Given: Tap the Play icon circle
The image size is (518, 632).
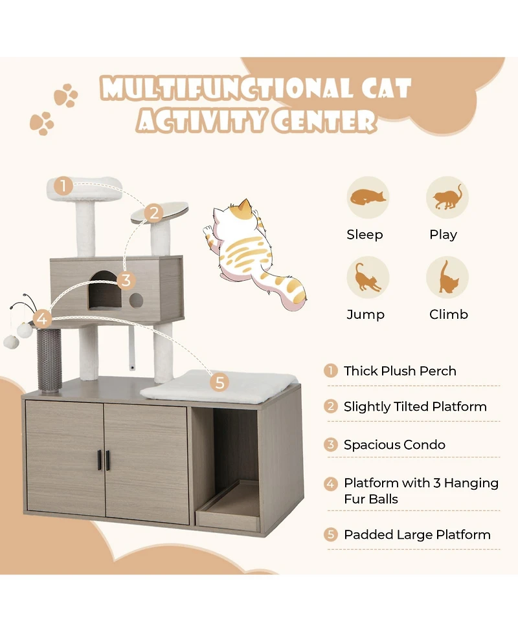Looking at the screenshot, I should click(x=447, y=197).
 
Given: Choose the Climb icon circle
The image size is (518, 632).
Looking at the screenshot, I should click(x=447, y=277).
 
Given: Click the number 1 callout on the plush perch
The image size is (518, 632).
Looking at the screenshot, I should click(x=63, y=186).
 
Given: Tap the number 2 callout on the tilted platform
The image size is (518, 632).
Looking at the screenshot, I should click(x=153, y=213).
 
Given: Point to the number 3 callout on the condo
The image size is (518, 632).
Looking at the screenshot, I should click(x=126, y=280).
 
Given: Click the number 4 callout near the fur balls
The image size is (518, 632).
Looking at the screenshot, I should click(x=42, y=318).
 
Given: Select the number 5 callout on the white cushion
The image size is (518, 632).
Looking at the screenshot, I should click(x=220, y=382).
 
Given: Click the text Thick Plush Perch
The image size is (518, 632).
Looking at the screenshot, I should click(x=400, y=371).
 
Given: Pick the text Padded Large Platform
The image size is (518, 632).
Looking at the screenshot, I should click(x=417, y=534).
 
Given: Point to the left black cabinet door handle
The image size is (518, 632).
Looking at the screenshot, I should click(x=100, y=460).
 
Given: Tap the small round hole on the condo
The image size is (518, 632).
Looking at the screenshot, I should click(x=136, y=300).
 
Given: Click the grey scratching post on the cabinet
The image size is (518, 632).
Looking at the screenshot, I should click(x=49, y=359).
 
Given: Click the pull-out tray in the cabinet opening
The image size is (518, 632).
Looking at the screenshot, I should click(x=230, y=508).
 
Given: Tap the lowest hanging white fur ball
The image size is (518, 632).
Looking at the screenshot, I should click(x=10, y=341).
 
